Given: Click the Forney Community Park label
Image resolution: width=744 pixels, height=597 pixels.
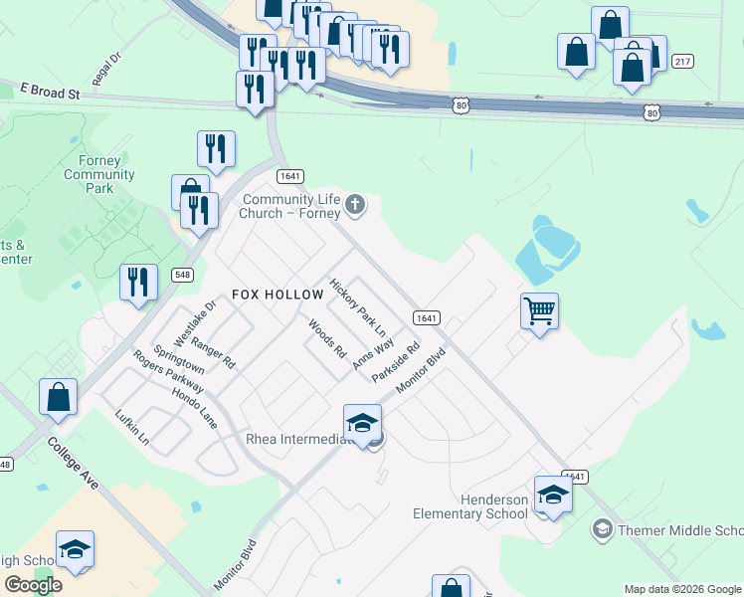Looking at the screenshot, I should [98, 175].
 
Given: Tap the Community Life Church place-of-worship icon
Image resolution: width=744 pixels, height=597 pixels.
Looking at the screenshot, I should [356, 207].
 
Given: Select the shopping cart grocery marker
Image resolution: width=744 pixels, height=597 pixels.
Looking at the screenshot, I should [539, 310].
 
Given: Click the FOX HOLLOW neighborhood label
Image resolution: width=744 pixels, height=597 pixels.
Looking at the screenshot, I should [278, 295].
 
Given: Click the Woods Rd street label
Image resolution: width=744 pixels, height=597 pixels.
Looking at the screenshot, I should [326, 338].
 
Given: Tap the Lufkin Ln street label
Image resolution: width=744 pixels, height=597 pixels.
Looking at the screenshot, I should [131, 427].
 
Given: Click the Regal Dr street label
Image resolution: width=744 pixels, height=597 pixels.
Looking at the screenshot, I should [105, 70].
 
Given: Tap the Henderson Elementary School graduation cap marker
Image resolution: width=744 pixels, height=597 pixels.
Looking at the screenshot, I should [553, 494].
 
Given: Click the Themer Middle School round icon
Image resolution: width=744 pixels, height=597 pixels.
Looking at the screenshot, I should [601, 529].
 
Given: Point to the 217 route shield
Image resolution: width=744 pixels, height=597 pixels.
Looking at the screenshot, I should [681, 62].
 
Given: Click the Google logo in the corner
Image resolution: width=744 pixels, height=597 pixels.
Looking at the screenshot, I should [33, 585].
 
